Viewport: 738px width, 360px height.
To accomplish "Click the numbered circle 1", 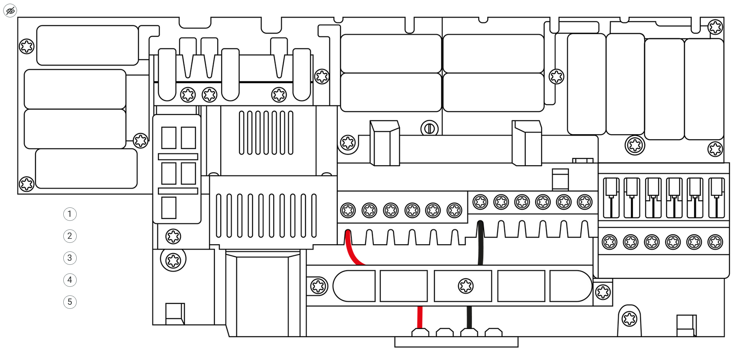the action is tap(70, 214).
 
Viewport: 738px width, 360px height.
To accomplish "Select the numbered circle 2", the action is tap(70, 236).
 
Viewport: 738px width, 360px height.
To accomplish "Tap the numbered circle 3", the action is tap(70, 258).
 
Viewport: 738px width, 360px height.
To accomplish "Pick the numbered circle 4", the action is tap(70, 280).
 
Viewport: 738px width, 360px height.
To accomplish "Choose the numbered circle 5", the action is tap(70, 302).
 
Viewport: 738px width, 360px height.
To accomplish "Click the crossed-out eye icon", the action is tap(10, 11).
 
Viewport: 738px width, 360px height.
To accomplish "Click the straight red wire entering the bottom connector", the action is tap(420, 317).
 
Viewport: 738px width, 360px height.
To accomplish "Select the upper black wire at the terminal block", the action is tap(480, 243).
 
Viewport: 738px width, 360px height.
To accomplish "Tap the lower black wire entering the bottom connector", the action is tap(469, 317).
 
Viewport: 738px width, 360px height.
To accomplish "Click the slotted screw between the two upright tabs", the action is tap(429, 128).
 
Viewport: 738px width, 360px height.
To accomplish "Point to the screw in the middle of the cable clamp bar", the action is tap(466, 286).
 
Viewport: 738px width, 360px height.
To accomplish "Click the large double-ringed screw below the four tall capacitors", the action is tap(635, 145).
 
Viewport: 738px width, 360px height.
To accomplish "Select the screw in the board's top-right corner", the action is tap(715, 27).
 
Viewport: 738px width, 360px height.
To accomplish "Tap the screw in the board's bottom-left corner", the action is tap(26, 184).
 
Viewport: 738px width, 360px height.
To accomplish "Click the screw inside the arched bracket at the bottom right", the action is tap(629, 319).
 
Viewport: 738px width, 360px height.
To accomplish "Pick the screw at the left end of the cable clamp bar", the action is tap(319, 286).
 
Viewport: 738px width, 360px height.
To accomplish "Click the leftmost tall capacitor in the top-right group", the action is tap(586, 84).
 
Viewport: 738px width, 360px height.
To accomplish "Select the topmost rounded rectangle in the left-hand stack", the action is tap(87, 45).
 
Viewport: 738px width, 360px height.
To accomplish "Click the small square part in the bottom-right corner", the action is tap(686, 325).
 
